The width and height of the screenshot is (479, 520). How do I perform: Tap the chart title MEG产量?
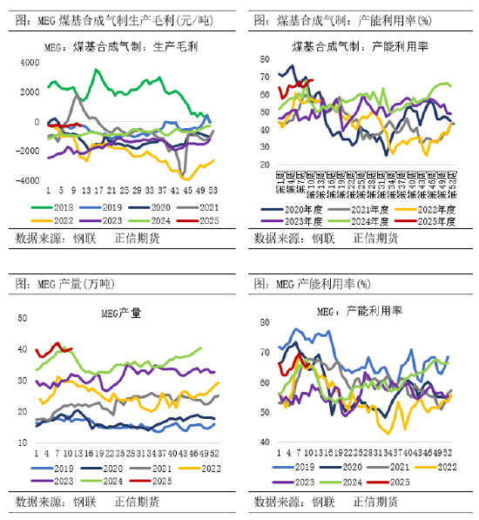click(x=120, y=313)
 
